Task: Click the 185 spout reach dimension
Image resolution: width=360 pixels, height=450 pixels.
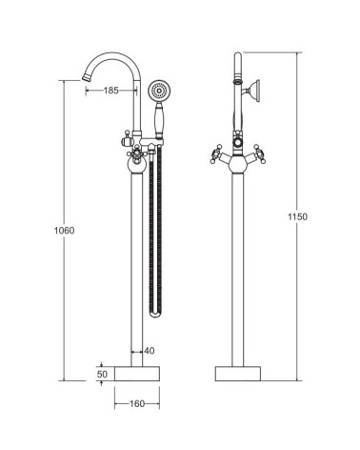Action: (111, 91)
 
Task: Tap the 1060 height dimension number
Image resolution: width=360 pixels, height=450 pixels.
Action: (64, 231)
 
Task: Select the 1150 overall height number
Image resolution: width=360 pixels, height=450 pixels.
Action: (297, 216)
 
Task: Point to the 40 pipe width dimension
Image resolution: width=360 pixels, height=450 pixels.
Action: (150, 351)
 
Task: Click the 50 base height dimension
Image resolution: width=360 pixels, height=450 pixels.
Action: (102, 374)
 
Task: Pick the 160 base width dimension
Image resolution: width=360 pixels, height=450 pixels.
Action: (137, 404)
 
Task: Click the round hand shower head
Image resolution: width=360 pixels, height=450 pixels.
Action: (159, 92)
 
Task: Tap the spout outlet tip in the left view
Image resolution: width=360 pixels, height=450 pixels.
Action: (86, 77)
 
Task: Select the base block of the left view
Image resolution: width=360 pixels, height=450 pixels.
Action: (137, 374)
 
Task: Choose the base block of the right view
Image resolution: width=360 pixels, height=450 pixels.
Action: (238, 374)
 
